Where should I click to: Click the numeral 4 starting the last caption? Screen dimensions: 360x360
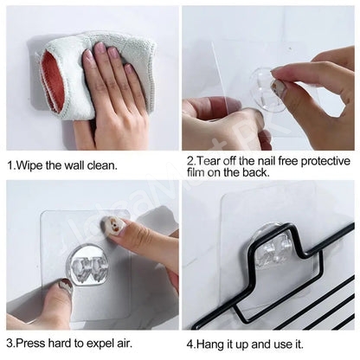(188, 345)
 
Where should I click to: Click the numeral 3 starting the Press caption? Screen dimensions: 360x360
(10, 345)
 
